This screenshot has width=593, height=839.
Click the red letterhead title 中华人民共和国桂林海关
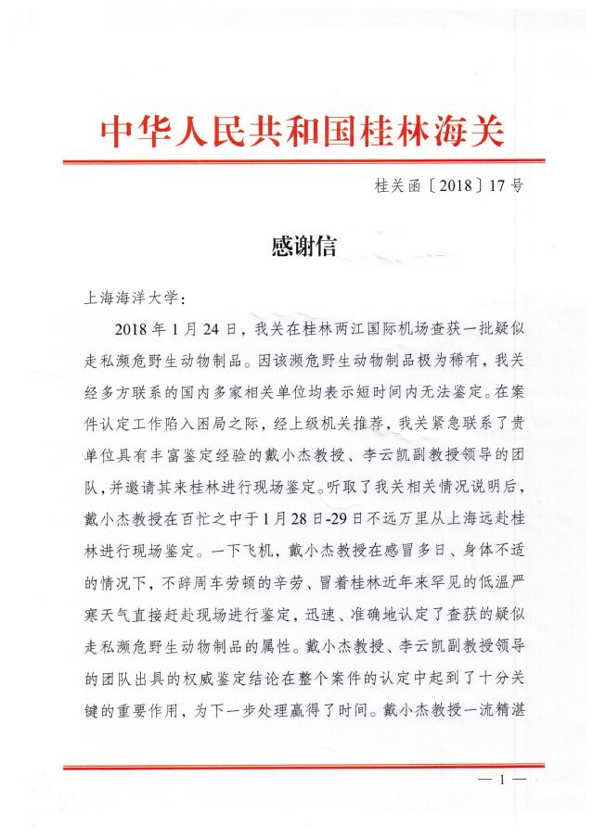(x=302, y=133)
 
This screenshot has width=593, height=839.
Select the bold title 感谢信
(x=302, y=246)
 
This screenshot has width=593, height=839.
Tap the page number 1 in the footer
(x=501, y=781)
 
